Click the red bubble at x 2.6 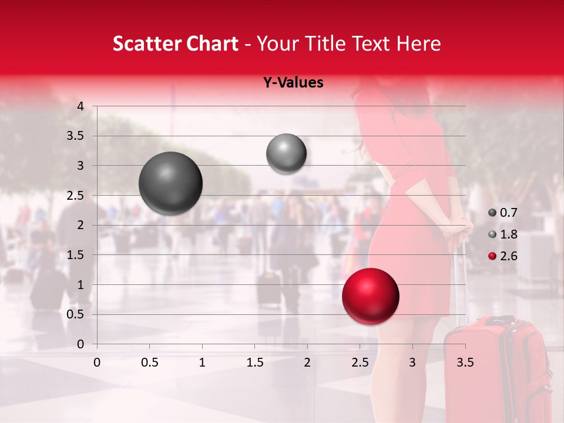click(x=370, y=296)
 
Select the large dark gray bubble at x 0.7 click(x=170, y=183)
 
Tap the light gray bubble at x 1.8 click(x=286, y=154)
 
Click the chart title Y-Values click(x=293, y=83)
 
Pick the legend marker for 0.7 click(x=492, y=213)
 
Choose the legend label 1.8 click(x=508, y=234)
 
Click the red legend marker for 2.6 click(x=492, y=256)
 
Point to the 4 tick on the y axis click(x=80, y=106)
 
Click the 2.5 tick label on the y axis click(x=76, y=196)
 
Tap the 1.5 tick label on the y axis click(x=76, y=255)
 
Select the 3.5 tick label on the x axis click(x=465, y=362)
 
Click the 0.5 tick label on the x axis click(x=149, y=362)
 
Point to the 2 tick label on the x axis click(x=307, y=362)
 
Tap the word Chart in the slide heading click(x=211, y=43)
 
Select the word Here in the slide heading click(x=418, y=43)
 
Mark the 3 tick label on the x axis click(x=412, y=362)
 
